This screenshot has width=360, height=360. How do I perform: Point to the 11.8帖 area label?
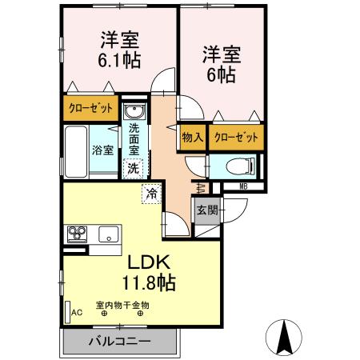(149, 282)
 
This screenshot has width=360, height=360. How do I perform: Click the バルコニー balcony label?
(120, 342)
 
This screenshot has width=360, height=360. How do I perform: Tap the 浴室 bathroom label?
(101, 150)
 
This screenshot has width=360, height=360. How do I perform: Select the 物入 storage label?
(192, 137)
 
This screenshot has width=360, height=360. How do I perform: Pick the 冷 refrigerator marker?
(152, 192)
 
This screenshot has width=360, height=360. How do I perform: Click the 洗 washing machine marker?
(133, 168)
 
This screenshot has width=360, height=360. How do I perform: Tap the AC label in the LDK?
(78, 313)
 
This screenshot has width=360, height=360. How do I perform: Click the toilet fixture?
(240, 166)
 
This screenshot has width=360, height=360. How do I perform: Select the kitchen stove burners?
(78, 234)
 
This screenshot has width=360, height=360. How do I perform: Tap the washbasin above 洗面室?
(134, 110)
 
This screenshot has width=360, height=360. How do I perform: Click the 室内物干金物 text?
(122, 304)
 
